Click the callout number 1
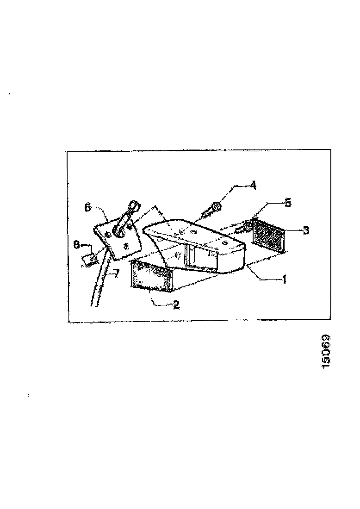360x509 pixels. (285, 279)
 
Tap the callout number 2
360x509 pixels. (176, 305)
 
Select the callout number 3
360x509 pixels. (306, 230)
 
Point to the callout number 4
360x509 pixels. (253, 185)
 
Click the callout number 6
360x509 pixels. (87, 208)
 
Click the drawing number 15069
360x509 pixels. (327, 351)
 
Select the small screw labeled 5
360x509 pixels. (244, 227)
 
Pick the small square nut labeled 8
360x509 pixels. (90, 258)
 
